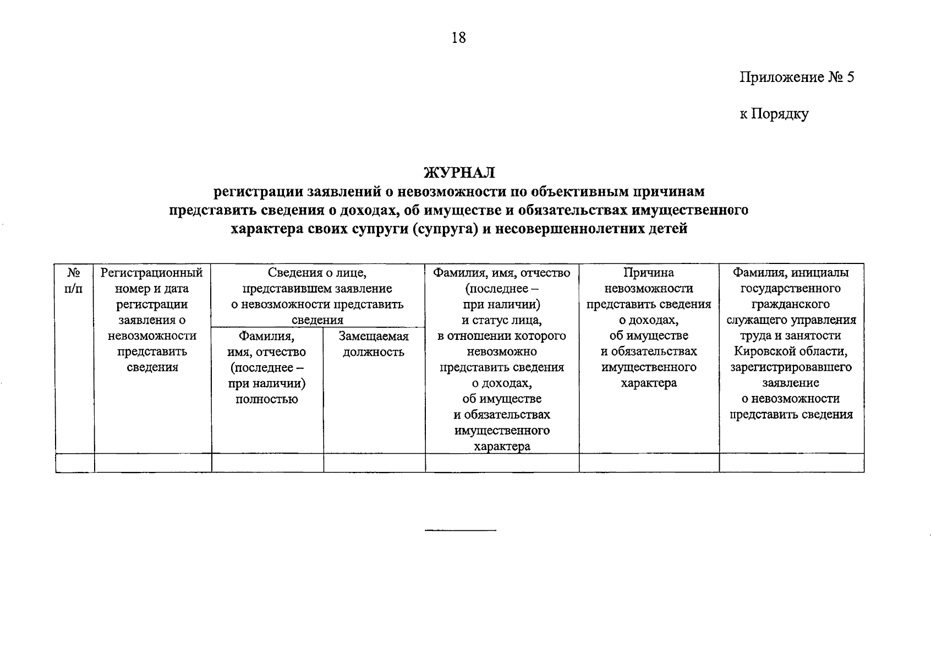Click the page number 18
click(458, 37)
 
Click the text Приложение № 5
click(796, 77)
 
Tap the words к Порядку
click(774, 114)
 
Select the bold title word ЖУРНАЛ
click(459, 173)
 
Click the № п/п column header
click(74, 280)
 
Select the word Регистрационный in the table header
click(152, 273)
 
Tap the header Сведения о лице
click(317, 273)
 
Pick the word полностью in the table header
click(267, 399)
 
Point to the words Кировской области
click(791, 351)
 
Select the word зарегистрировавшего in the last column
click(791, 367)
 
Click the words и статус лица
click(501, 320)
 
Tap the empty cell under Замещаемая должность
click(374, 463)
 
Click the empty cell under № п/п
click(74, 463)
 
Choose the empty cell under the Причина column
click(649, 463)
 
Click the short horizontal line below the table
click(460, 530)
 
